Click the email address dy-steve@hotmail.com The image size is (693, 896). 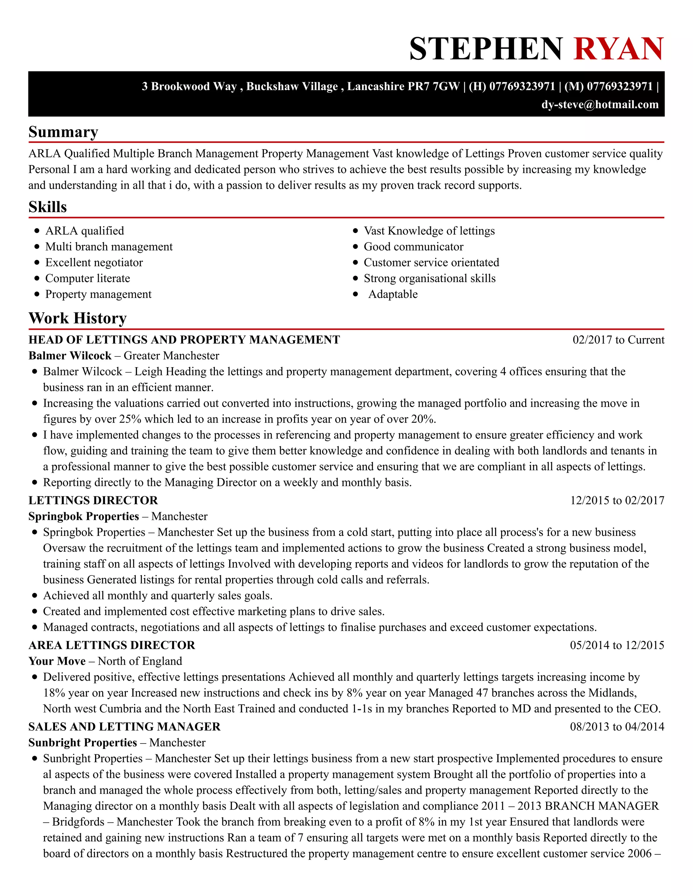[600, 104]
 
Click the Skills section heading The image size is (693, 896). [48, 207]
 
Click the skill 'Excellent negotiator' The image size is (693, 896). [94, 263]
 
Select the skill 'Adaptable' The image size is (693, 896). [393, 294]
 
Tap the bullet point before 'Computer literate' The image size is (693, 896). [37, 278]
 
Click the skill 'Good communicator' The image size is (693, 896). [413, 246]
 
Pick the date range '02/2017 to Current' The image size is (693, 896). [618, 340]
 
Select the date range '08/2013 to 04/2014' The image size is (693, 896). [617, 727]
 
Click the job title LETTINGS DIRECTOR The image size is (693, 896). [93, 500]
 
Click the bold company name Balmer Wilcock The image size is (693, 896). [70, 356]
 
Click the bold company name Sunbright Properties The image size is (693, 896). [83, 742]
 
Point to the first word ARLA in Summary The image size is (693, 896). [44, 154]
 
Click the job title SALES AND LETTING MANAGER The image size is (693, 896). [125, 727]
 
